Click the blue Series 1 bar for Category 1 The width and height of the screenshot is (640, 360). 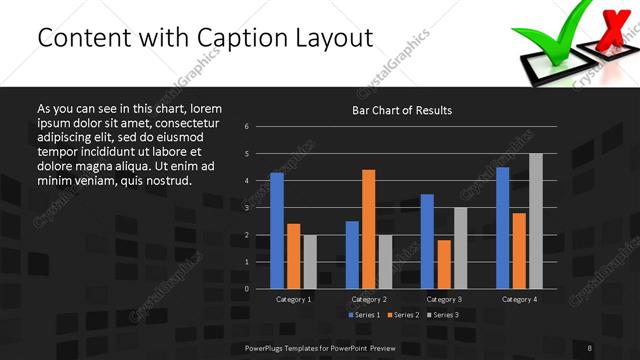(x=277, y=231)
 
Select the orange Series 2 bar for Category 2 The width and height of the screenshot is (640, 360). (x=369, y=229)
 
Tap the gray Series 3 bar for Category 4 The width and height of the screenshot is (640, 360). (x=536, y=221)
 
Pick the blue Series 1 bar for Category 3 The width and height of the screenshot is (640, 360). (x=427, y=241)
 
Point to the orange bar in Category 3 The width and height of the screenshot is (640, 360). (x=444, y=264)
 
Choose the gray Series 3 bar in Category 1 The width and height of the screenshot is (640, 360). (x=310, y=262)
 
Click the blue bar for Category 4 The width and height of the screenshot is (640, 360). (x=503, y=228)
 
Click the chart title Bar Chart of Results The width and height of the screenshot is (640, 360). (x=402, y=109)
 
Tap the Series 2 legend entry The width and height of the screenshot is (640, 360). (x=402, y=315)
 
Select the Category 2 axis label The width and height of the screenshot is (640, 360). (x=369, y=299)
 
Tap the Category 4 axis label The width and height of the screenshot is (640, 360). (x=519, y=299)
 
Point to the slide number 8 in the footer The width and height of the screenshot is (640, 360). (x=589, y=347)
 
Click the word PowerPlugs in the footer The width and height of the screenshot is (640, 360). (x=267, y=347)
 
